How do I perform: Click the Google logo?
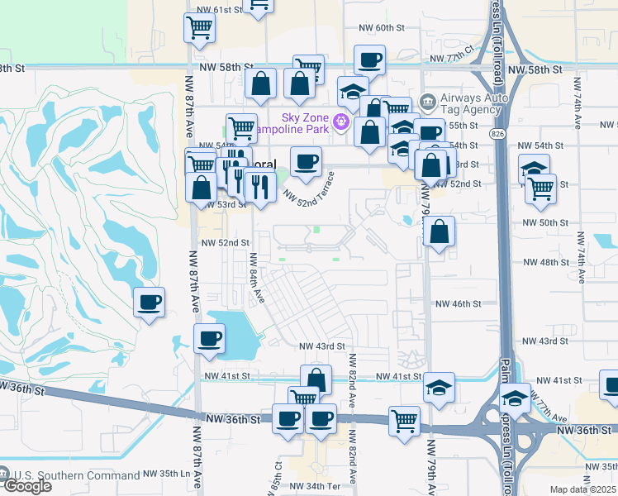tap(26, 485)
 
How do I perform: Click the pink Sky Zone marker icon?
tap(340, 122)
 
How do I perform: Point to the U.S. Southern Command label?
tap(76, 475)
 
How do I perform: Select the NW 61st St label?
tap(217, 9)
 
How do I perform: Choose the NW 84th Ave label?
tap(255, 278)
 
